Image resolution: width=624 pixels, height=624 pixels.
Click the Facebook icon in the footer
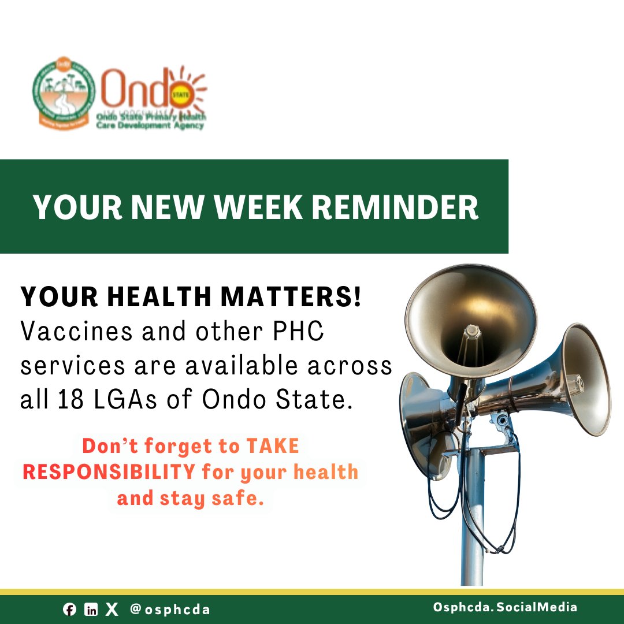pyautogui.click(x=69, y=610)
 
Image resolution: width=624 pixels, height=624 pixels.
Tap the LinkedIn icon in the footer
pyautogui.click(x=91, y=610)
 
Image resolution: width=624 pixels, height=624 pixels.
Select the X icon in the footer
pyautogui.click(x=112, y=610)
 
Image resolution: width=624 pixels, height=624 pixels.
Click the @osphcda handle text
pyautogui.click(x=170, y=610)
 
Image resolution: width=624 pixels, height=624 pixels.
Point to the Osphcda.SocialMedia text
pyautogui.click(x=505, y=607)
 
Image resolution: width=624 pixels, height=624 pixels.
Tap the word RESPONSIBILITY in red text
pyautogui.click(x=109, y=472)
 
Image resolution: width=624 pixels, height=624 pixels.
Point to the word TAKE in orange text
pyautogui.click(x=273, y=446)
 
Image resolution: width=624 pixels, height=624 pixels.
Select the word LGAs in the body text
pyautogui.click(x=116, y=400)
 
